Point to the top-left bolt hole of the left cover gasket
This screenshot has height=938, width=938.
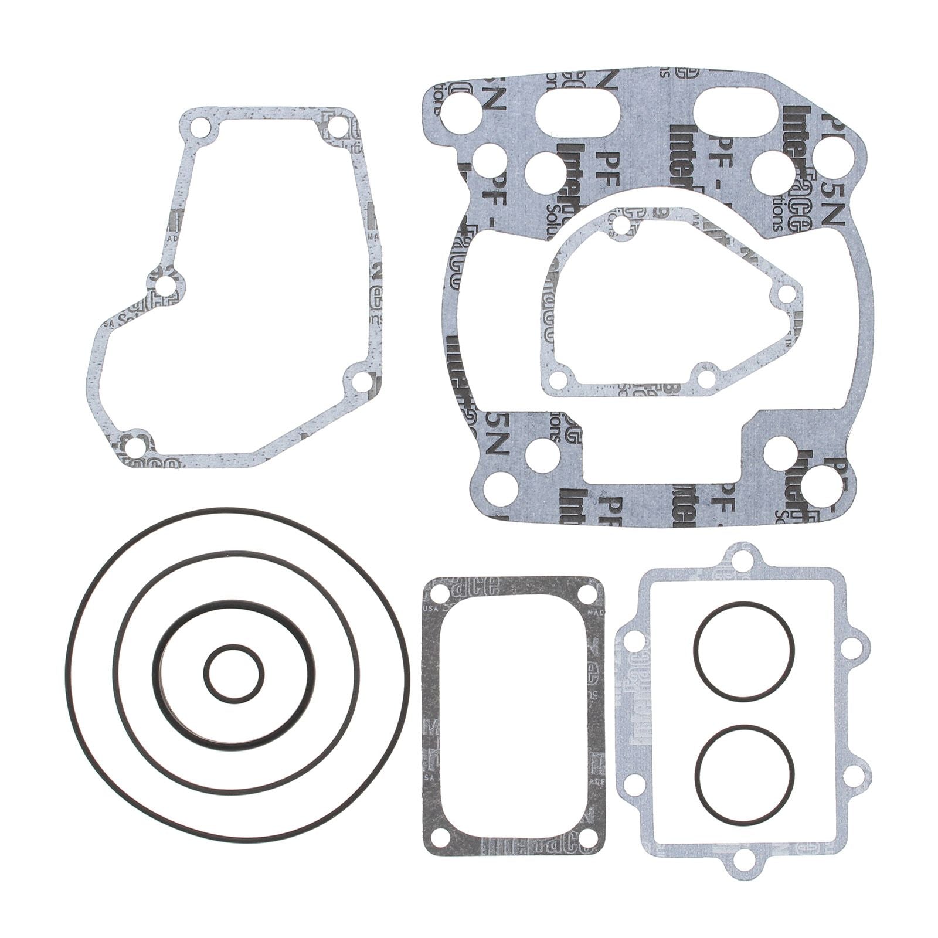pyautogui.click(x=200, y=127)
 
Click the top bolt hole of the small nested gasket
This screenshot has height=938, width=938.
pyautogui.click(x=621, y=225)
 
